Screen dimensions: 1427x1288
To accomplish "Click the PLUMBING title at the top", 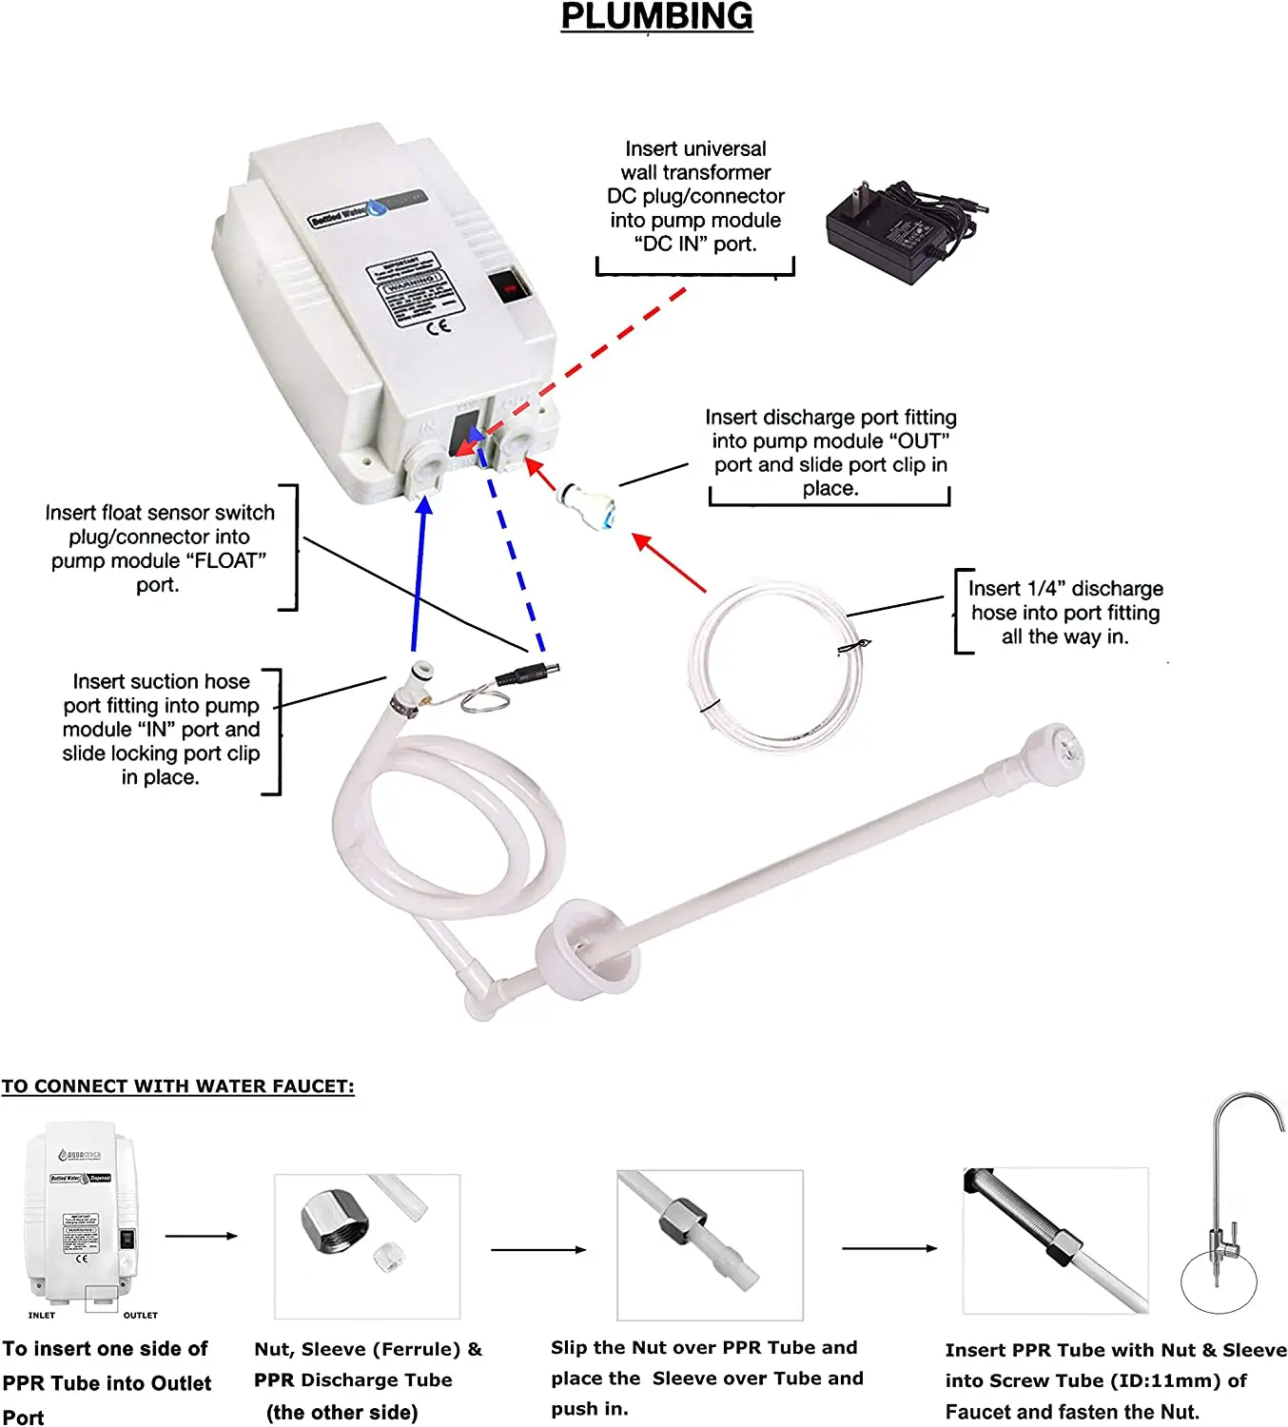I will click(656, 17).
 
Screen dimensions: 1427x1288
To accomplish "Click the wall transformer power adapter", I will click(894, 233).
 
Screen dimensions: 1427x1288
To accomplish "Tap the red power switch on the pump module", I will click(509, 286).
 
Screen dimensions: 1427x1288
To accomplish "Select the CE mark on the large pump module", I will click(438, 327).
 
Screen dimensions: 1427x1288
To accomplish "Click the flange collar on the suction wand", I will click(580, 947).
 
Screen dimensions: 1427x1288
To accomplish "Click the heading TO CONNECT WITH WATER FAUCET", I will click(178, 1086).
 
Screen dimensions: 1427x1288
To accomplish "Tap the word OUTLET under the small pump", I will click(140, 1316).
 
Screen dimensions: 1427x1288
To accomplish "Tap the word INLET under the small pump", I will click(42, 1316).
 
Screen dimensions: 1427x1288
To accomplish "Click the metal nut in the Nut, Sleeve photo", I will click(335, 1223).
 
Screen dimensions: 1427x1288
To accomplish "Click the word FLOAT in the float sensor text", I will click(229, 560).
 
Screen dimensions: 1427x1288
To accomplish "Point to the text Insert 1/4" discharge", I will click(1065, 589).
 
